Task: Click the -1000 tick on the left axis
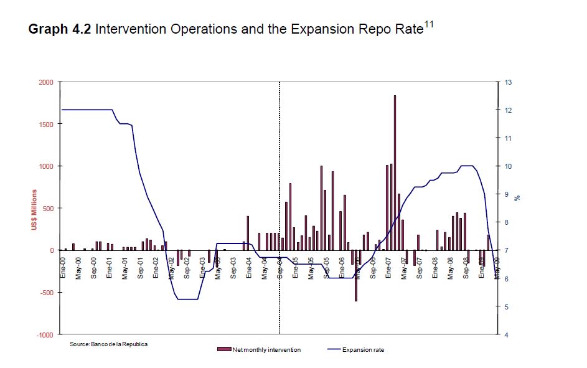point(45,334)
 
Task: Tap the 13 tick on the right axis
point(507,82)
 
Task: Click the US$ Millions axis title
point(35,210)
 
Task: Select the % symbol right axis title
point(517,198)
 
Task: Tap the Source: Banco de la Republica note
point(109,344)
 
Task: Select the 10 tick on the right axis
point(507,166)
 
